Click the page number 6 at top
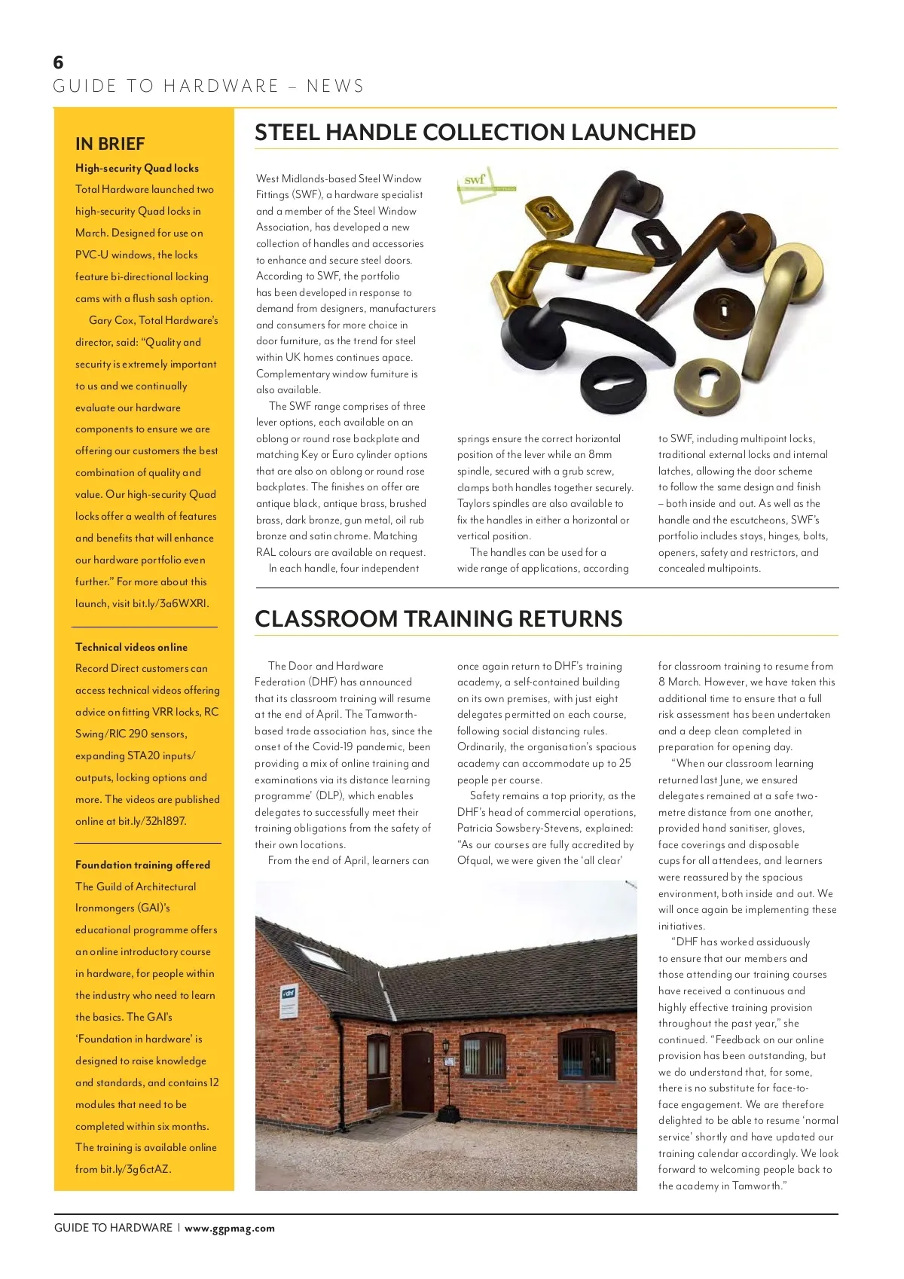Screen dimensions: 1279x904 pyautogui.click(x=59, y=62)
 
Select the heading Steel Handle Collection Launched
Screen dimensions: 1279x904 pyautogui.click(x=475, y=133)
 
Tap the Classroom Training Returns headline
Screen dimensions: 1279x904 pyautogui.click(x=438, y=619)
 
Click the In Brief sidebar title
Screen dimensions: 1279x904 pyautogui.click(x=110, y=144)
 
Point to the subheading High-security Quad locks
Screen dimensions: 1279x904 pyautogui.click(x=137, y=168)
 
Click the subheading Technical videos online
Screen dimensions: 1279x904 pyautogui.click(x=131, y=647)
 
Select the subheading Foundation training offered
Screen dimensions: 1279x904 pyautogui.click(x=142, y=865)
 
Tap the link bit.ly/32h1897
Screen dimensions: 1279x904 pyautogui.click(x=152, y=821)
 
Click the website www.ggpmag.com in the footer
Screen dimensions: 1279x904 pyautogui.click(x=230, y=1228)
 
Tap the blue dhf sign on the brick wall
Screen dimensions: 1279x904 pyautogui.click(x=288, y=994)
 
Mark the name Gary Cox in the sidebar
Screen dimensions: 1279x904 pyautogui.click(x=111, y=320)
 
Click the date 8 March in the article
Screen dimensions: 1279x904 pyautogui.click(x=678, y=682)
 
